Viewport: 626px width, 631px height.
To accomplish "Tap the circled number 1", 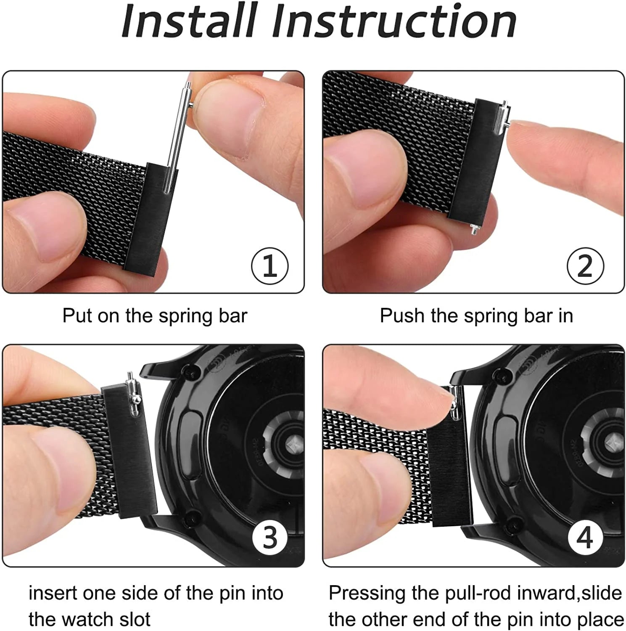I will pyautogui.click(x=269, y=266).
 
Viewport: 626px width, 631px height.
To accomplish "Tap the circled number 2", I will pyautogui.click(x=585, y=266).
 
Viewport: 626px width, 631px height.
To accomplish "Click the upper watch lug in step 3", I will pyautogui.click(x=158, y=370).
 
